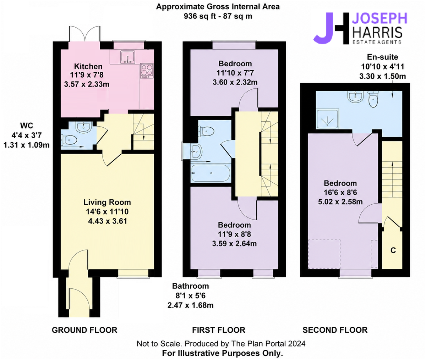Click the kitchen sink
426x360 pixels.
click(x=128, y=57)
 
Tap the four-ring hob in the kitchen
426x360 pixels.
click(x=147, y=71)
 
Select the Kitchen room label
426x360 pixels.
click(x=88, y=67)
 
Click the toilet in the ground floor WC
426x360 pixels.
click(x=69, y=140)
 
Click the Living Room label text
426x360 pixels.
click(x=107, y=202)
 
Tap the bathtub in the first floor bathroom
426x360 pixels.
click(x=211, y=173)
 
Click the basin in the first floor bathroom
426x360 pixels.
click(x=196, y=151)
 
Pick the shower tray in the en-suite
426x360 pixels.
click(x=327, y=120)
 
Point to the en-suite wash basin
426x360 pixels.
click(x=356, y=97)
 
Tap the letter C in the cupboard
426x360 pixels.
click(x=393, y=250)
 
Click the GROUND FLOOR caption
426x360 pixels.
click(x=84, y=330)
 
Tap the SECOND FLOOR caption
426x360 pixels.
click(x=335, y=330)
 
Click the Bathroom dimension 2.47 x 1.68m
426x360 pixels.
click(x=190, y=305)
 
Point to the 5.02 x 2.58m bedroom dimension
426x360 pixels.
click(x=340, y=202)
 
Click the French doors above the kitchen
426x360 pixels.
click(x=85, y=34)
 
